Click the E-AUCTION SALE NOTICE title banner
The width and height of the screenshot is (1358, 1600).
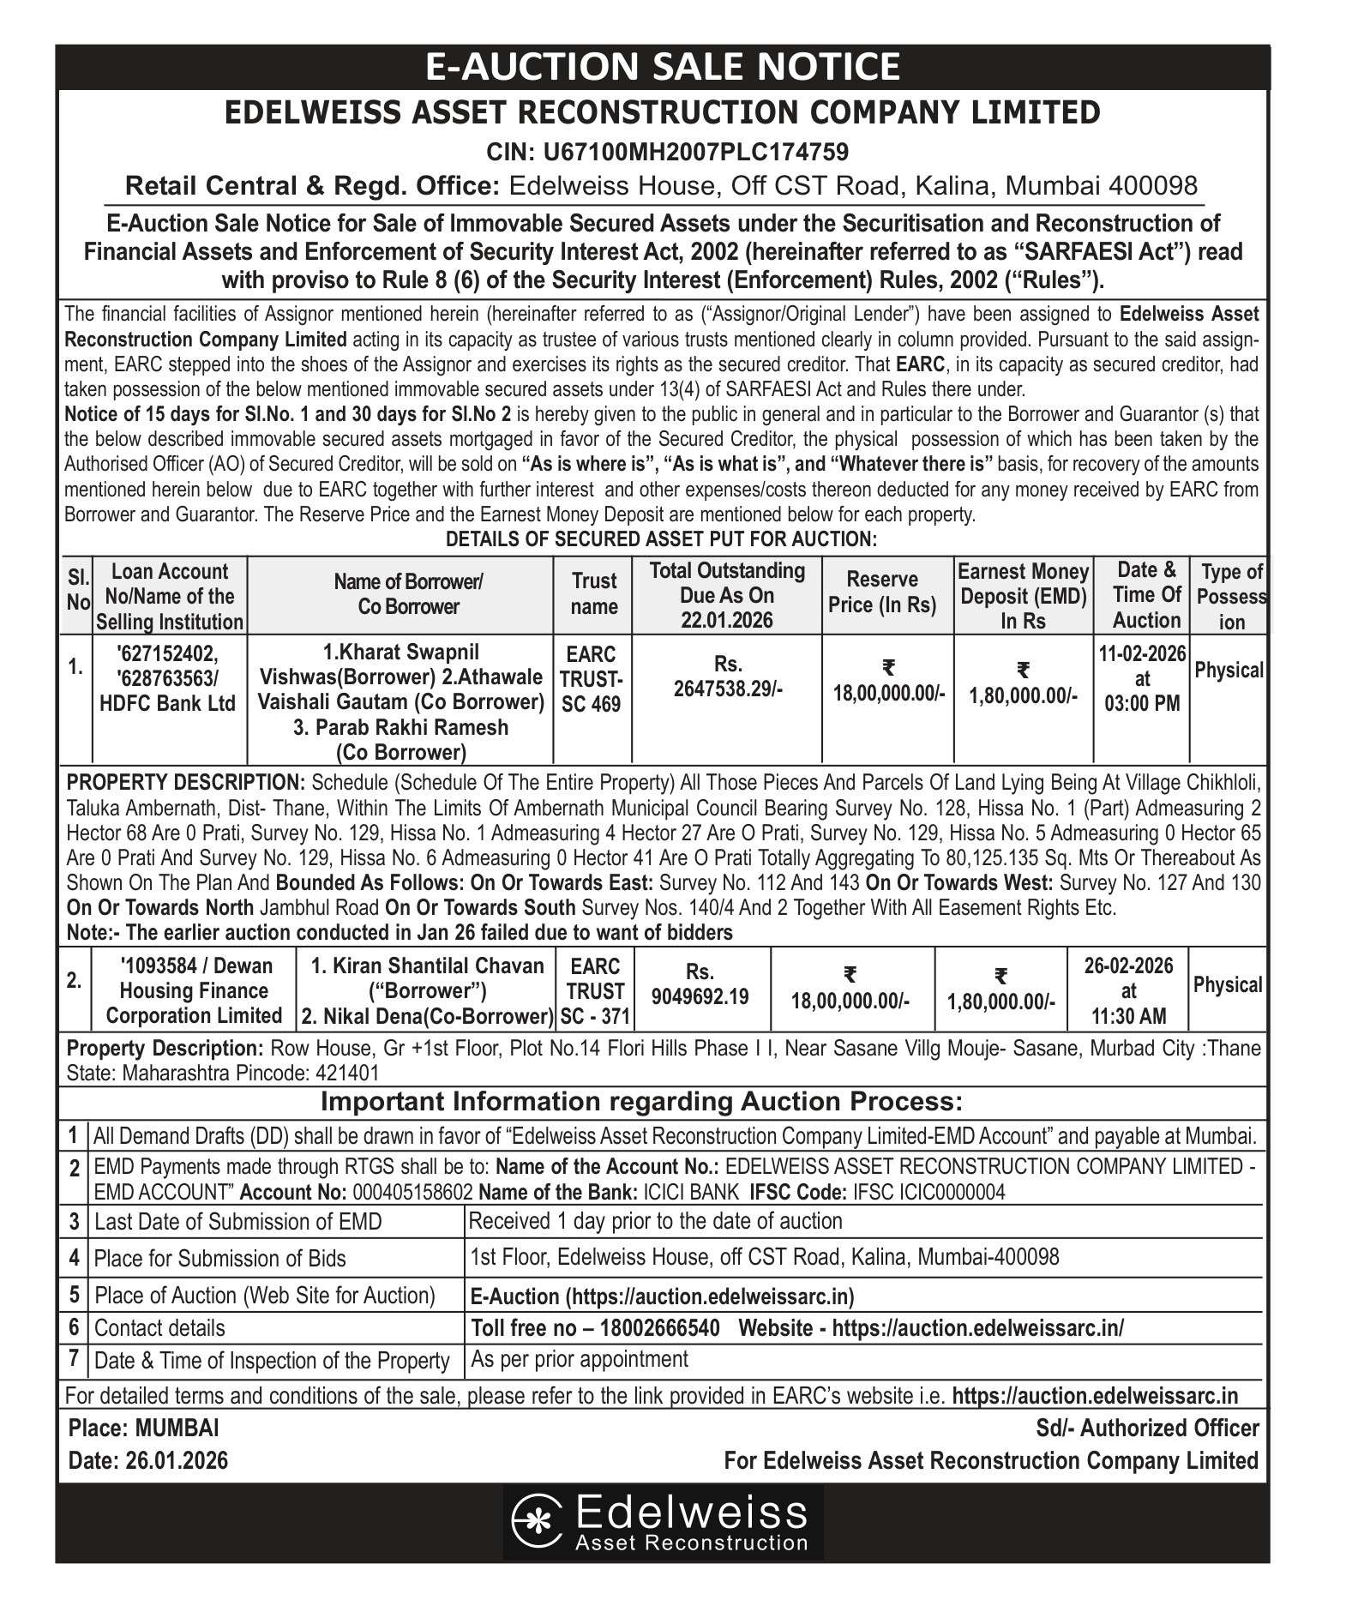[663, 67]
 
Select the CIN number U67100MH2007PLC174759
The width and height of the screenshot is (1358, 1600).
[667, 153]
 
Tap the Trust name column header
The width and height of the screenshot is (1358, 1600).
[593, 594]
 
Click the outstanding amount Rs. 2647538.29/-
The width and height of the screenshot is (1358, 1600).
[727, 677]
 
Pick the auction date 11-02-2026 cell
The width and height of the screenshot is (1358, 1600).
[1141, 678]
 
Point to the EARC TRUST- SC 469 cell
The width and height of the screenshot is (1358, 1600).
[592, 679]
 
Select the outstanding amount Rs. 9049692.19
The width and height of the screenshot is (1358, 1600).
[700, 984]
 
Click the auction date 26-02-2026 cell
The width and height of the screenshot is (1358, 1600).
[1128, 990]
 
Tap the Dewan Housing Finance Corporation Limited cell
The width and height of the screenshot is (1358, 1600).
[194, 990]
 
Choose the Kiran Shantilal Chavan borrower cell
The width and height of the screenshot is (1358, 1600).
[427, 990]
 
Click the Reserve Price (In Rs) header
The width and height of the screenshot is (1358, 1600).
[882, 592]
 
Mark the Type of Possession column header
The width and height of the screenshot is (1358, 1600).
[1231, 596]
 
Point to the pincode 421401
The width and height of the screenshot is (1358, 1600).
[347, 1073]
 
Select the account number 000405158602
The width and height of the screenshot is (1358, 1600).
[412, 1192]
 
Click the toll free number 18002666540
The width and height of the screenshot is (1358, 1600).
[659, 1328]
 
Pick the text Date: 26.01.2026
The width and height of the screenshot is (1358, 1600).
[147, 1460]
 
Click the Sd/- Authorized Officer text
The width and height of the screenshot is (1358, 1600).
[1147, 1428]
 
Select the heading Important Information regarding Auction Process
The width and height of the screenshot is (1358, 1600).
[641, 1100]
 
